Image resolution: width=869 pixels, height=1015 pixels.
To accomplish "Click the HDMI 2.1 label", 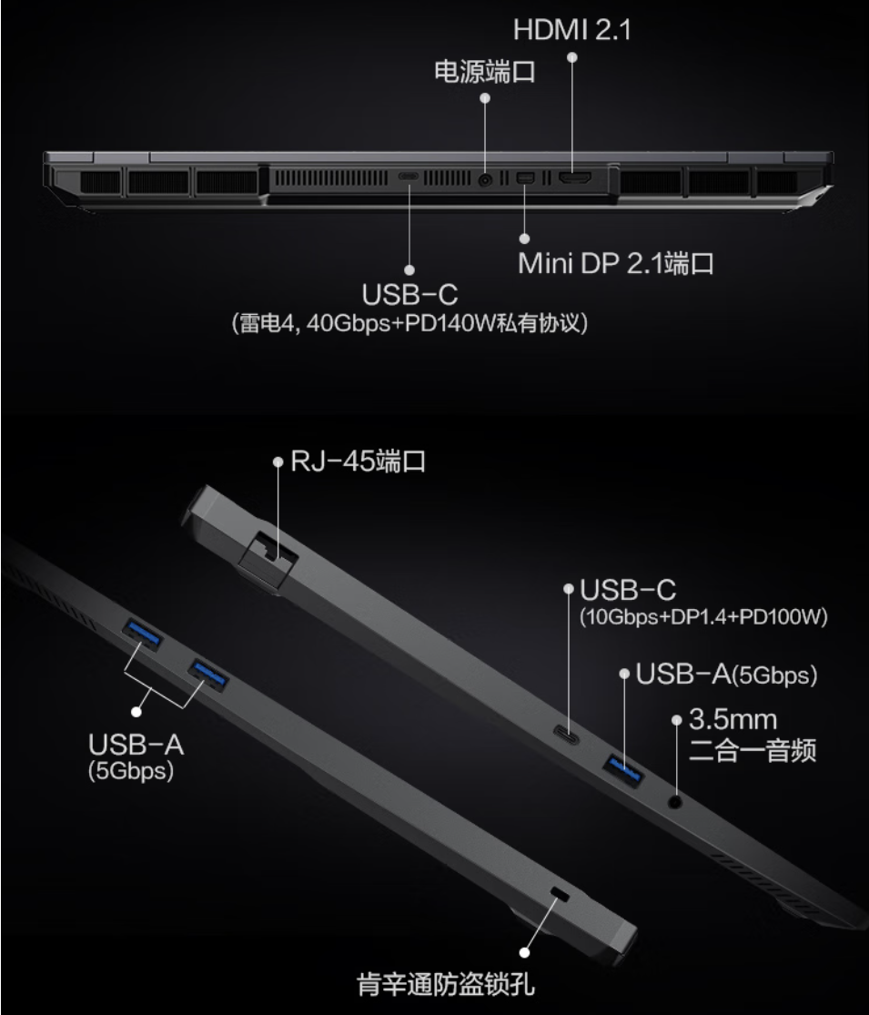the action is click(x=572, y=30).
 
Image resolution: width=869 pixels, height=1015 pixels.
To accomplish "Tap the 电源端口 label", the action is click(x=485, y=71).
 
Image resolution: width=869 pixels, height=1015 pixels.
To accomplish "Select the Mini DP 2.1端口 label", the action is click(x=615, y=263).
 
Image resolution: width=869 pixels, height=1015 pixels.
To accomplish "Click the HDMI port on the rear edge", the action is click(x=575, y=178).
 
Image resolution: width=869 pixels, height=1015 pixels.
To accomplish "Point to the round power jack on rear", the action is click(x=485, y=180).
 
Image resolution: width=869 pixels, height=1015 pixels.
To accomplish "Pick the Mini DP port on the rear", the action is click(x=525, y=177).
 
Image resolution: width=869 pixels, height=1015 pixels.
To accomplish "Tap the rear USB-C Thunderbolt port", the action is click(x=409, y=176).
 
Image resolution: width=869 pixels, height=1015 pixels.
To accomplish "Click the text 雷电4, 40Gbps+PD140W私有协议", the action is click(x=409, y=322).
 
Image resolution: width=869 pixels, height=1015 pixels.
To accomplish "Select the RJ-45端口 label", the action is click(x=358, y=461).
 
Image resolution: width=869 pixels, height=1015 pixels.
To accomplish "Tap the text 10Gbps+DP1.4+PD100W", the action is click(x=703, y=616).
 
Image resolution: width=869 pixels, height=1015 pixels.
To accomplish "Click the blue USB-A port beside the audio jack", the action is click(x=623, y=769).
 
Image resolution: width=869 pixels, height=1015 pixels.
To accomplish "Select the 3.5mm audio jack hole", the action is click(x=674, y=802).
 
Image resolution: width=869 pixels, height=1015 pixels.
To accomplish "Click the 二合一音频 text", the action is click(x=752, y=751).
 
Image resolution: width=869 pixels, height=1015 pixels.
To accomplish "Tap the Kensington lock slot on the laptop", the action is click(x=559, y=895).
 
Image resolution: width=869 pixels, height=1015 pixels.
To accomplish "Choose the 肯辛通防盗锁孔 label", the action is click(x=446, y=984).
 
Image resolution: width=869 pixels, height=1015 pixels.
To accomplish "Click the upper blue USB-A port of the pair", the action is click(x=142, y=633).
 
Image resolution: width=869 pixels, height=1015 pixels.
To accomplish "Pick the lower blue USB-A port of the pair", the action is click(x=207, y=675).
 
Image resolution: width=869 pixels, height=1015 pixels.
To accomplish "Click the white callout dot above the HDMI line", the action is click(x=572, y=57).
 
